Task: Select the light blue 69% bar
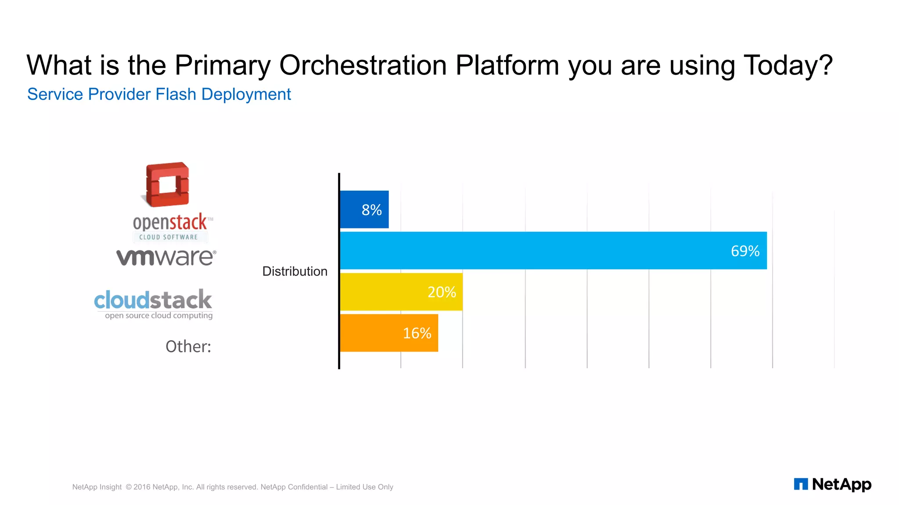click(x=527, y=251)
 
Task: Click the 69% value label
click(x=745, y=251)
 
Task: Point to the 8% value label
click(x=371, y=210)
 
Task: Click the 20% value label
click(x=442, y=292)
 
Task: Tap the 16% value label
click(x=417, y=334)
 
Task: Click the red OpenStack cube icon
click(x=167, y=185)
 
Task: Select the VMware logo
click(x=166, y=257)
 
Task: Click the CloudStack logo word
click(x=153, y=300)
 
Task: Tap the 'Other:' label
click(x=188, y=347)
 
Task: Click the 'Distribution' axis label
click(x=295, y=271)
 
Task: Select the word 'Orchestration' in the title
click(x=363, y=65)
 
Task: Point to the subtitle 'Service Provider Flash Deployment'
click(x=159, y=94)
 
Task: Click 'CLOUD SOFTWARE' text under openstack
click(x=169, y=237)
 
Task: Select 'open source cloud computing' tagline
click(x=158, y=316)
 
